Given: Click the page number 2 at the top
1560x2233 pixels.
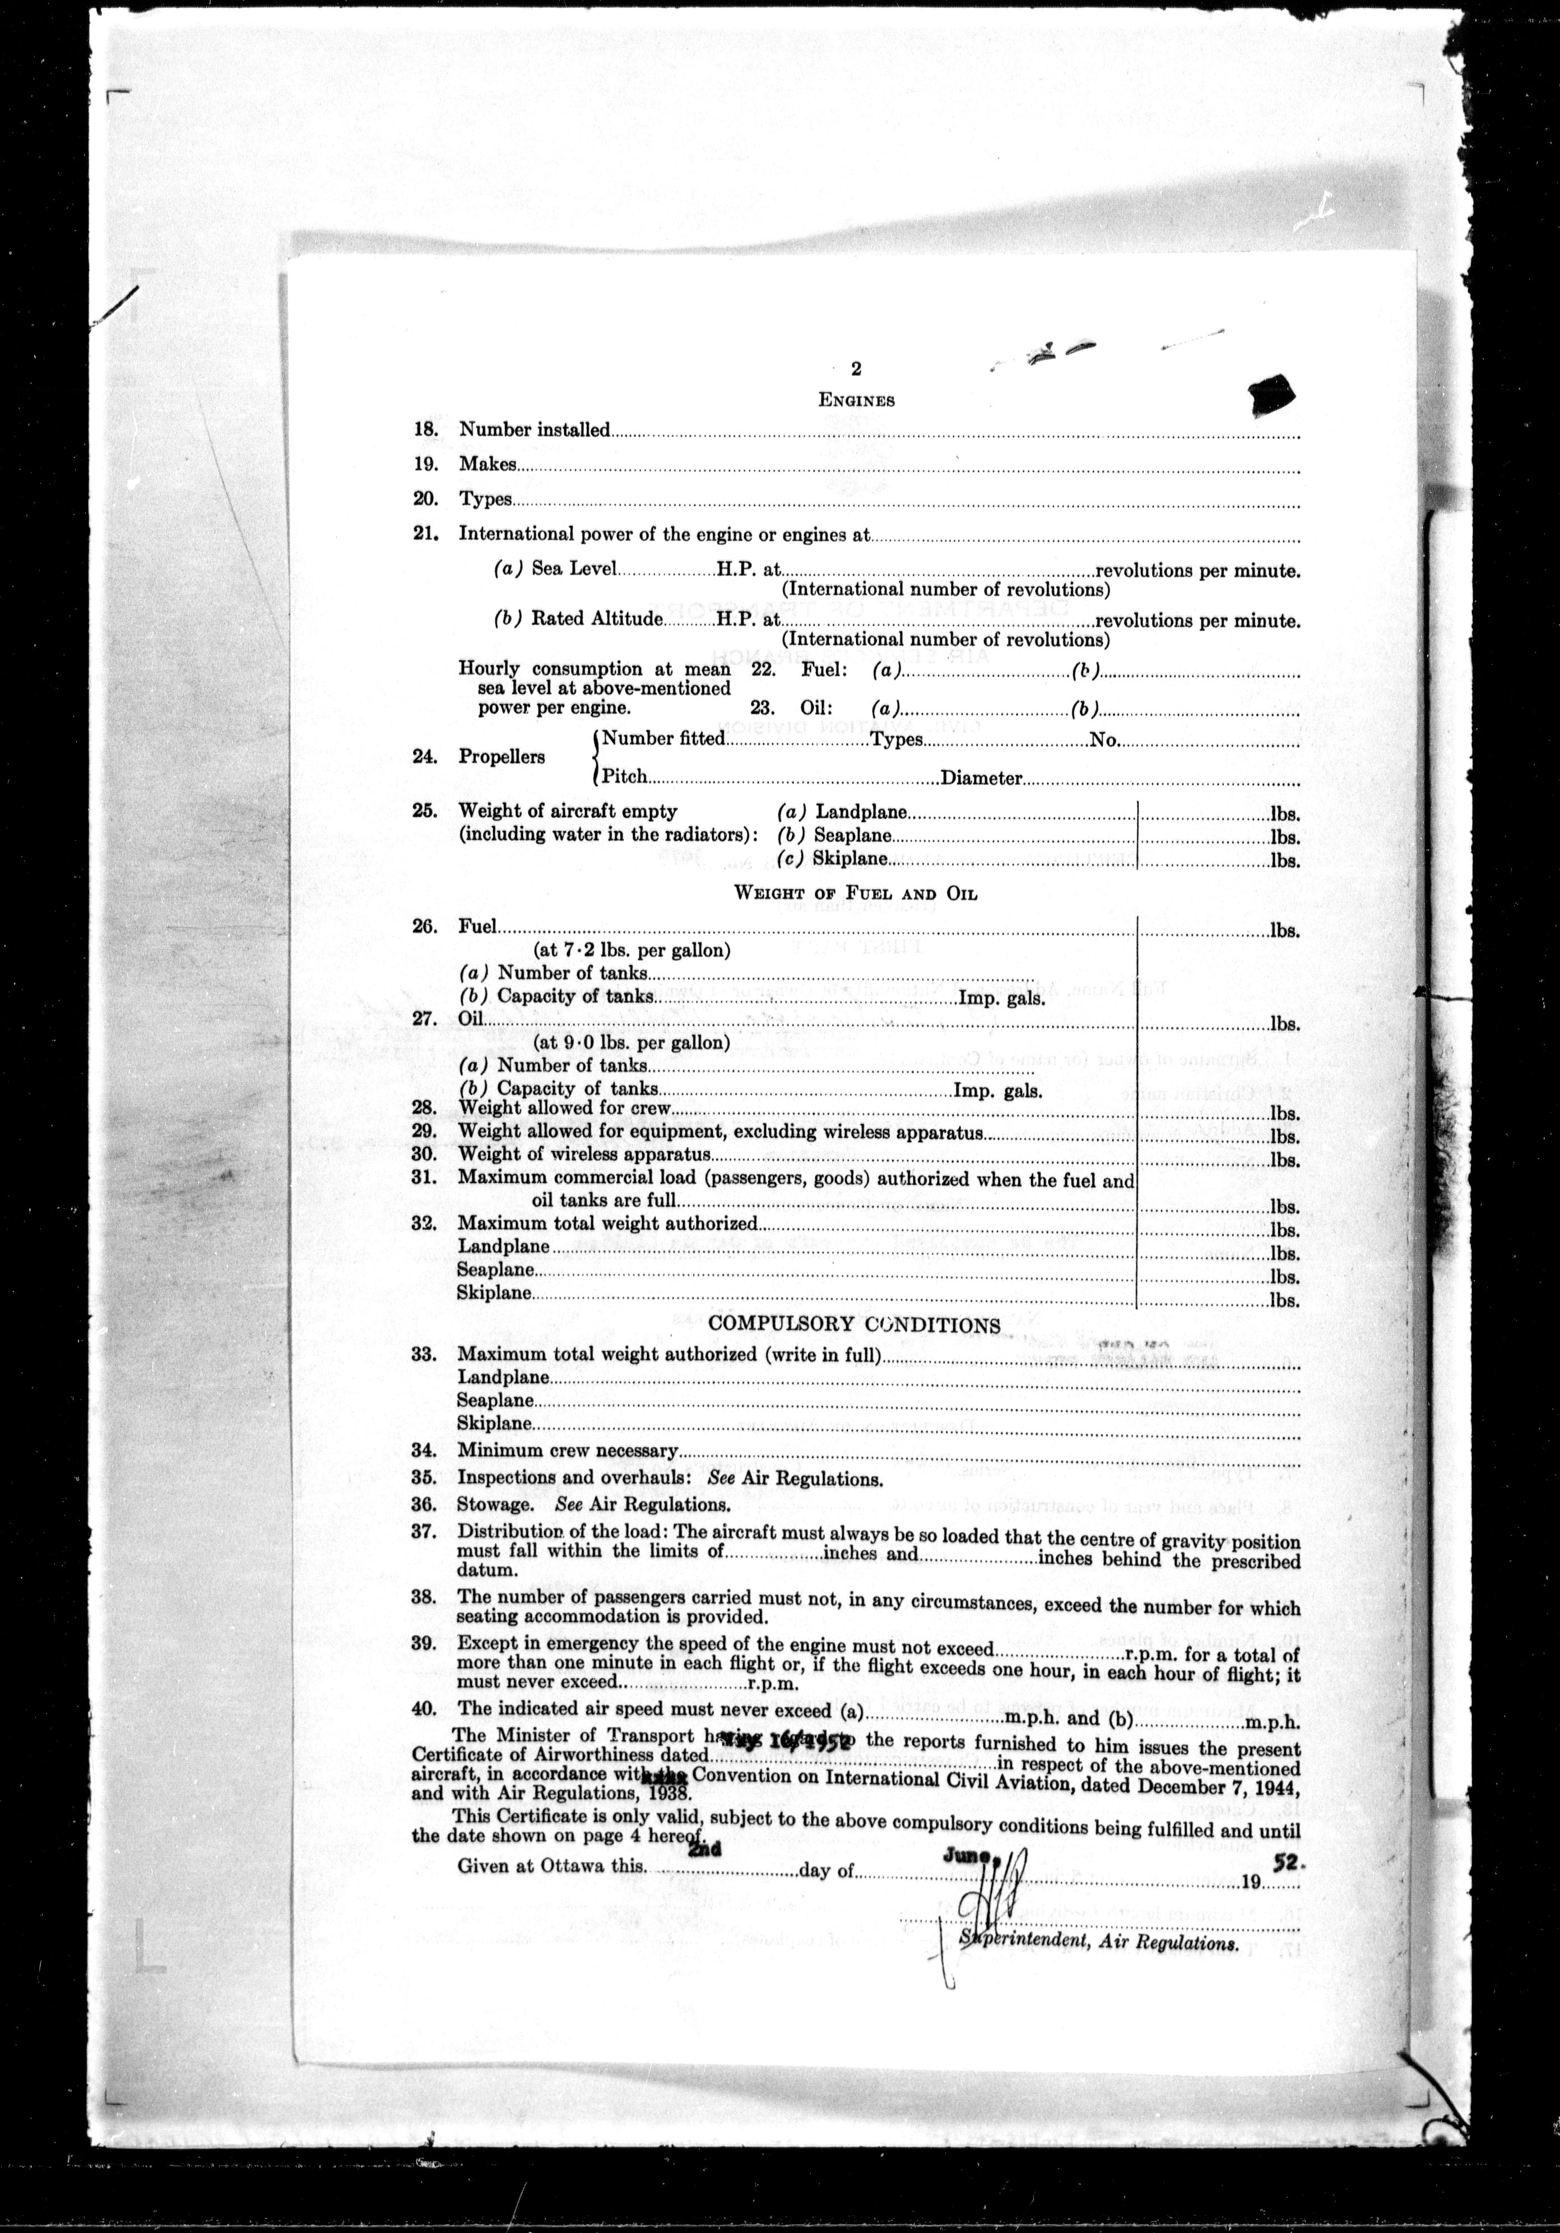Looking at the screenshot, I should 856,369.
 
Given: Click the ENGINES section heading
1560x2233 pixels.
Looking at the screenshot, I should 856,400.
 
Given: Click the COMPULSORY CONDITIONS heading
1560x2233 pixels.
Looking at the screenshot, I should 854,1324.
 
